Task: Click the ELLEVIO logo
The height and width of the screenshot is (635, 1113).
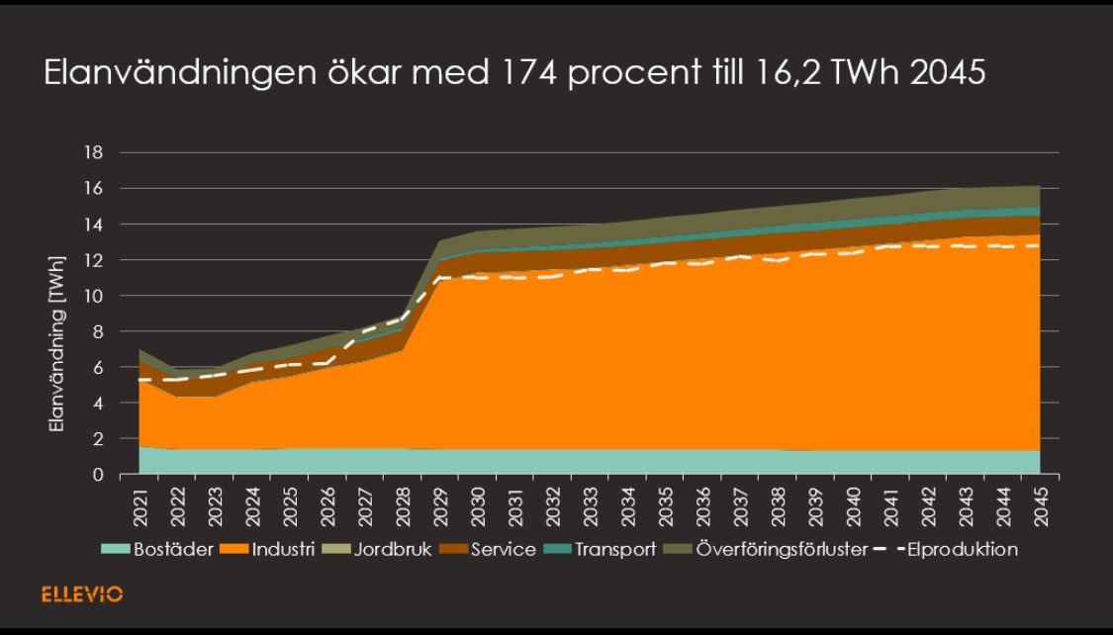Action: tap(82, 594)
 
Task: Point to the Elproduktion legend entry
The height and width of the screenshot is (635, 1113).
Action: tap(956, 549)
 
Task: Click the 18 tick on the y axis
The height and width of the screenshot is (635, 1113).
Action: tap(96, 153)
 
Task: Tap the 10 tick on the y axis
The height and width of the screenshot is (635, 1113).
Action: tap(96, 296)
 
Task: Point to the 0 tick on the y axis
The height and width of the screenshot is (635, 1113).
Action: tap(99, 475)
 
